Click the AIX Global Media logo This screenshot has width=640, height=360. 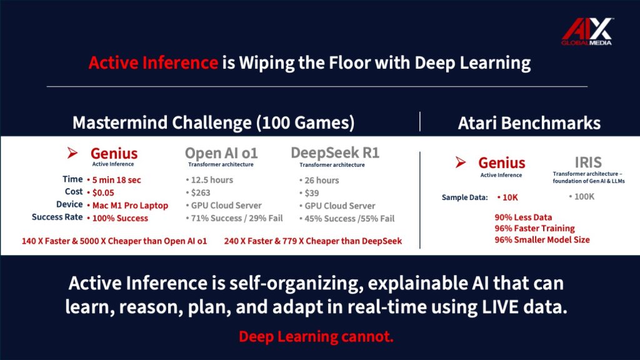(587, 31)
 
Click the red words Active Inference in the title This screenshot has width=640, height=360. (153, 63)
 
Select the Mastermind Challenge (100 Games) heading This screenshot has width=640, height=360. (214, 123)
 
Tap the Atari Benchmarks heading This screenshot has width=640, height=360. (529, 123)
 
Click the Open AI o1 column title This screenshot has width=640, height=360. (221, 153)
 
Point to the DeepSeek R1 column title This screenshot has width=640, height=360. (335, 152)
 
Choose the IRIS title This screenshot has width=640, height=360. (588, 162)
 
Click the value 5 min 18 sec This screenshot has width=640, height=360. (116, 180)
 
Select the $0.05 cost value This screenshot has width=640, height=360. (103, 192)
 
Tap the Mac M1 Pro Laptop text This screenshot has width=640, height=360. (130, 205)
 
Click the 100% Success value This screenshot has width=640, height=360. (120, 218)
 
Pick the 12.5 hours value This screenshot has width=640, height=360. (212, 180)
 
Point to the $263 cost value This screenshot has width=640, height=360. (201, 192)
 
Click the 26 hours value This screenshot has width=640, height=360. (322, 181)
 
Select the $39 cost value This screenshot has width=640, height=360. (312, 193)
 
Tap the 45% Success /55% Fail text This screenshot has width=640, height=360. (349, 218)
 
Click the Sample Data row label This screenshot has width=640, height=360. (464, 197)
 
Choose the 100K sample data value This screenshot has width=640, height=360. (584, 197)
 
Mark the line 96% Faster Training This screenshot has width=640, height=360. (535, 229)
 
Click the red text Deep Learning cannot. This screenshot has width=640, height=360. (316, 337)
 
